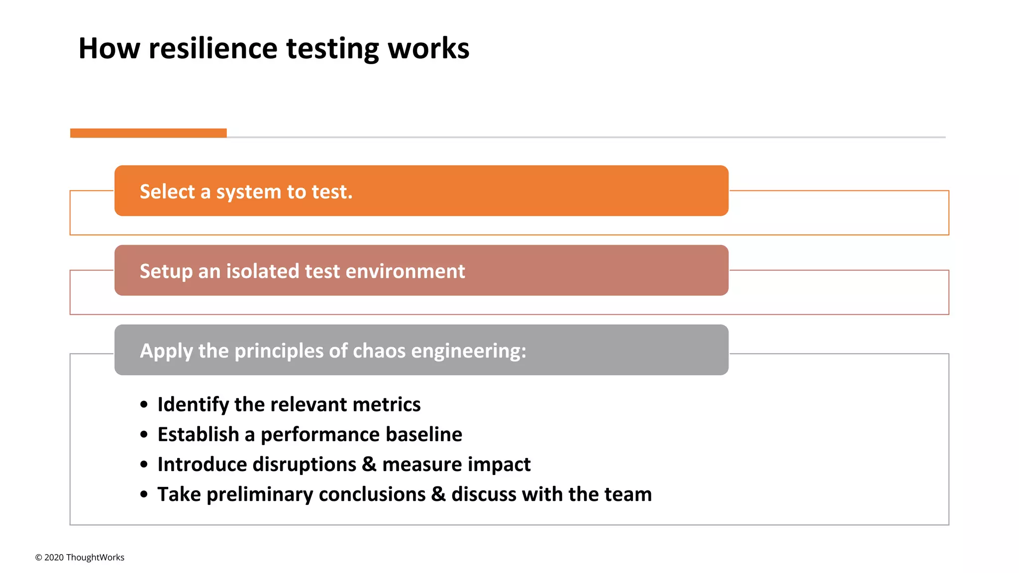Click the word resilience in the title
click(213, 49)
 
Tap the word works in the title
click(428, 49)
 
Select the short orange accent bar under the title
click(148, 133)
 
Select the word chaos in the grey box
click(379, 351)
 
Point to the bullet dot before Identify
click(144, 404)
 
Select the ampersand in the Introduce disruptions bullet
click(369, 464)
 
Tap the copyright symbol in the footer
click(38, 558)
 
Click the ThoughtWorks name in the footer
click(95, 558)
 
